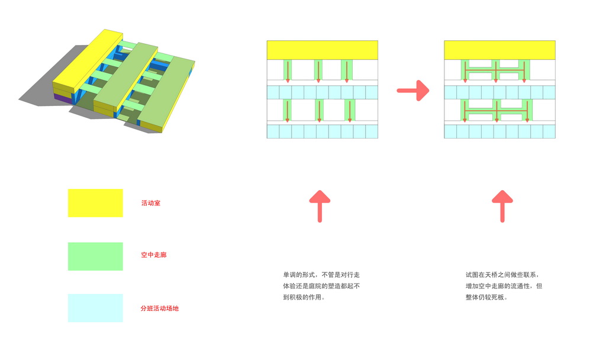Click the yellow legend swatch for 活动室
point(95,203)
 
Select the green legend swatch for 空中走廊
point(95,256)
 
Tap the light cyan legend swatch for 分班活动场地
point(95,308)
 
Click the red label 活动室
point(150,203)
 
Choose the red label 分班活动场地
point(159,308)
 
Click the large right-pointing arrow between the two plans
point(412,91)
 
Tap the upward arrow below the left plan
point(320,205)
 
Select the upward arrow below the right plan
point(502,205)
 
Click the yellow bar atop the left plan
point(322,50)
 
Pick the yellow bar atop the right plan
point(499,50)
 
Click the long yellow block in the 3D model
point(89,62)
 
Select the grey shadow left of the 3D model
point(41,89)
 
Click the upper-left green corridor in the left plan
point(288,70)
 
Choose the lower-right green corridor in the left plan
point(349,110)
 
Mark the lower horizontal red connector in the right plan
point(495,110)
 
